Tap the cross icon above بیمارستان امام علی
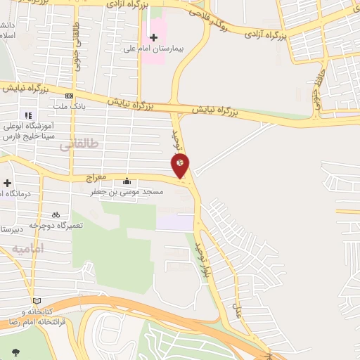click(x=154, y=37)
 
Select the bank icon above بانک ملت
click(x=69, y=96)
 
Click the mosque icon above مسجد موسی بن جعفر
click(x=127, y=181)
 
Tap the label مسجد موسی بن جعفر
click(x=127, y=191)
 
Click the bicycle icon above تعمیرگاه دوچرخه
click(x=56, y=214)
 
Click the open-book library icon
click(x=37, y=301)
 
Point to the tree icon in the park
click(x=15, y=352)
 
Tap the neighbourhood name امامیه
click(x=28, y=248)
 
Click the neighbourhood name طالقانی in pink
click(x=75, y=145)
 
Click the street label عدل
click(x=238, y=310)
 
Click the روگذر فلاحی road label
click(x=210, y=18)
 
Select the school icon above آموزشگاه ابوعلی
click(x=28, y=115)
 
